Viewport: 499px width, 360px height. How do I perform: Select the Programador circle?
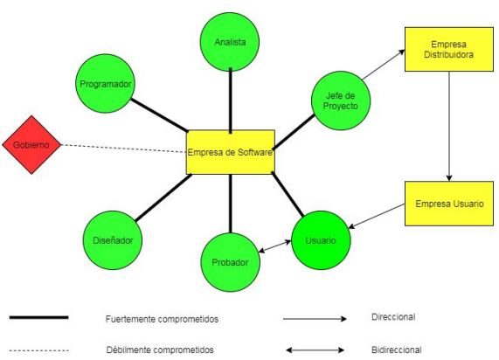pyautogui.click(x=106, y=85)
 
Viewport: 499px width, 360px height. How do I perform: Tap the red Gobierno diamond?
pyautogui.click(x=31, y=143)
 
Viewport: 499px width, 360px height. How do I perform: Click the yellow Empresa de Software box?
pyautogui.click(x=231, y=152)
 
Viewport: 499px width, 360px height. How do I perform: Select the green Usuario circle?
pyautogui.click(x=323, y=239)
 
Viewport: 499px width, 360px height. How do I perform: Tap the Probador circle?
pyautogui.click(x=231, y=261)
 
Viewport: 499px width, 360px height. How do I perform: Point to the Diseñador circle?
pyautogui.click(x=117, y=239)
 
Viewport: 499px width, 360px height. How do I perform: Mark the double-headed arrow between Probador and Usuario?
pyautogui.click(x=277, y=247)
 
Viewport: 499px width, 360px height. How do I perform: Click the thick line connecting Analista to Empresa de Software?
pyautogui.click(x=231, y=100)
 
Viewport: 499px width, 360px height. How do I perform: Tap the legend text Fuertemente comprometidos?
pyautogui.click(x=162, y=319)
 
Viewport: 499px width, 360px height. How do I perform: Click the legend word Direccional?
pyautogui.click(x=393, y=316)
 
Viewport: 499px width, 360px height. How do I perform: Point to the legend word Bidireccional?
pyautogui.click(x=397, y=350)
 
